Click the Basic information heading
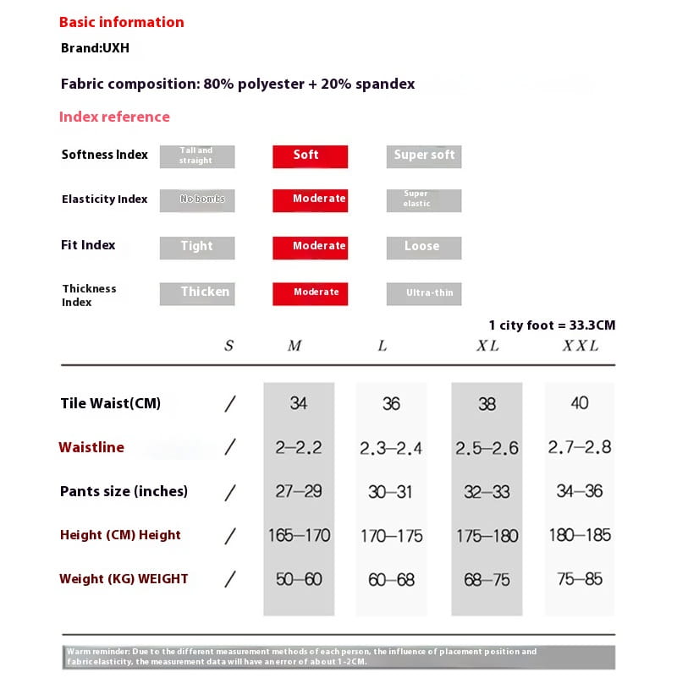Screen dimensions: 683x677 121,22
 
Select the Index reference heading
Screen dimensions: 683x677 114,117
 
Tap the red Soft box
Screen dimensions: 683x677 310,156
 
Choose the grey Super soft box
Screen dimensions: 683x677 424,156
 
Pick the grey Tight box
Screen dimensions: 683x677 197,247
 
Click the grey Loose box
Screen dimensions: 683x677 424,247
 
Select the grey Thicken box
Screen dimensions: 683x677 197,292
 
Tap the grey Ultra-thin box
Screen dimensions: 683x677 424,292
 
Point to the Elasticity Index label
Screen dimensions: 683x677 104,199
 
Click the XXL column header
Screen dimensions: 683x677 581,346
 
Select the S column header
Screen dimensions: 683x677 229,346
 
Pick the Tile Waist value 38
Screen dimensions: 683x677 487,404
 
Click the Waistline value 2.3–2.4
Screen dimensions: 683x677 391,448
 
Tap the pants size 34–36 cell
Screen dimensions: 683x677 580,491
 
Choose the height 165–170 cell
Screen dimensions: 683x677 299,535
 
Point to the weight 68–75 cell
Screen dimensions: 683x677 487,580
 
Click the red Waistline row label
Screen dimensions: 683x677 91,448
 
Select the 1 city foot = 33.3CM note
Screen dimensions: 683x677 552,325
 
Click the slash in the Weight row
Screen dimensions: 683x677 229,580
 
